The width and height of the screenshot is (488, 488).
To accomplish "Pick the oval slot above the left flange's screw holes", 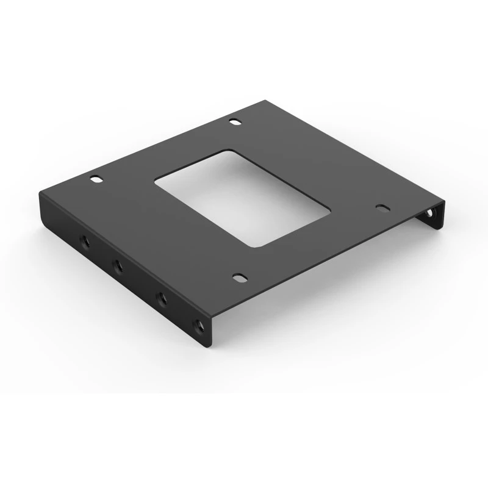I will click(x=96, y=180).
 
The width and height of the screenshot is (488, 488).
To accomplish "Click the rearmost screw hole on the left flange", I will click(x=85, y=242).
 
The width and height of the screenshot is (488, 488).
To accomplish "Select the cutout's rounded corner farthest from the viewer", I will click(x=228, y=152).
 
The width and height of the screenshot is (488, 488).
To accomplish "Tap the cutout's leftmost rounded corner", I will click(x=157, y=179).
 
